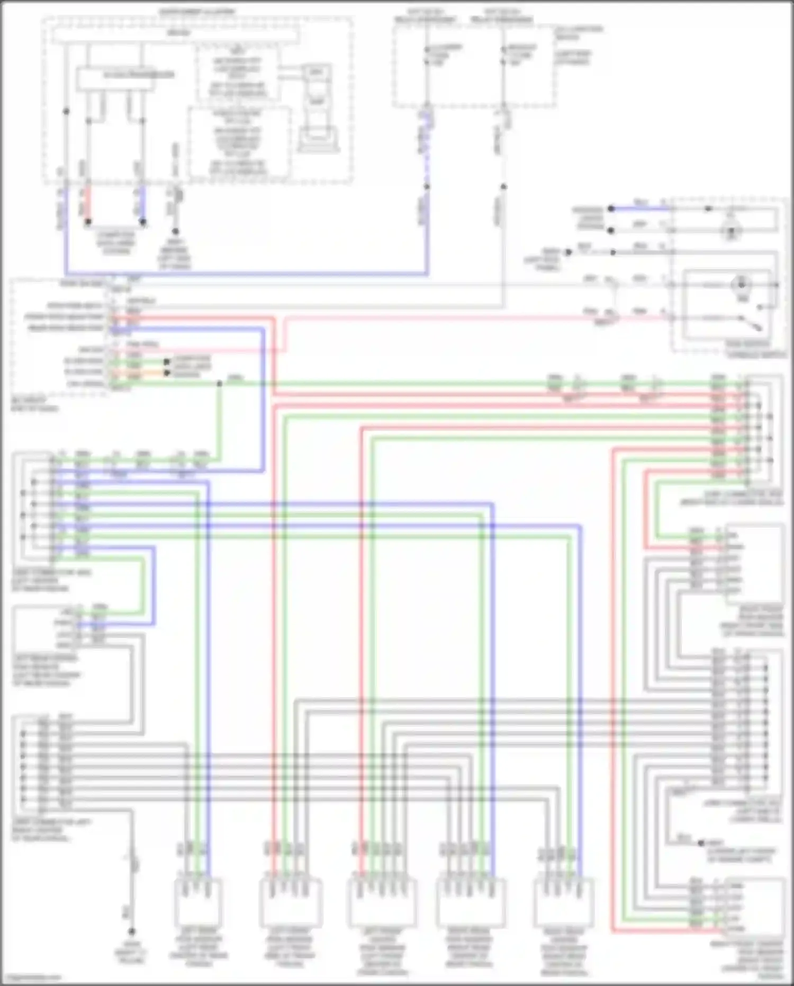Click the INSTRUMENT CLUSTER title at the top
click(x=197, y=12)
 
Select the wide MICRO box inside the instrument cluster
click(x=175, y=34)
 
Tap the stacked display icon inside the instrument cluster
click(x=316, y=109)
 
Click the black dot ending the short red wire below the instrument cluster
click(x=88, y=222)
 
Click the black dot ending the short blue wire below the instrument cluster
click(x=142, y=222)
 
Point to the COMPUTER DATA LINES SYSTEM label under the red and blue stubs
click(x=116, y=243)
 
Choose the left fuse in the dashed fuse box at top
click(x=427, y=56)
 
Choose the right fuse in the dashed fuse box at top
click(x=503, y=56)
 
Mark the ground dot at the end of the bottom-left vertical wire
click(x=132, y=931)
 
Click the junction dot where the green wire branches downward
click(x=220, y=384)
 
